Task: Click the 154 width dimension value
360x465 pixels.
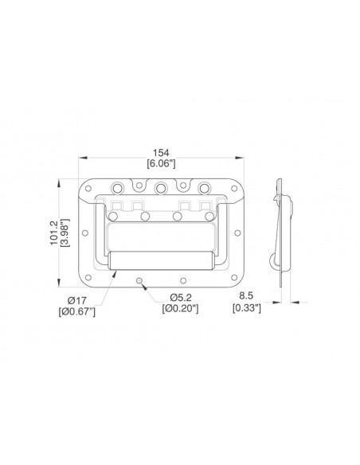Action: tap(161, 153)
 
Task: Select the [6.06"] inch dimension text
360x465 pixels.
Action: tap(162, 163)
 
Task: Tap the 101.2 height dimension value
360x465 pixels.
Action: tap(54, 232)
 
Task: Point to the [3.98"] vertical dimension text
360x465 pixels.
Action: tap(65, 232)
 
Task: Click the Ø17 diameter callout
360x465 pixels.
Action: tap(77, 301)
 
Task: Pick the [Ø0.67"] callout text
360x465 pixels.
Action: tap(77, 311)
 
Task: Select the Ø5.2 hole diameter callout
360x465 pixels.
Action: tap(181, 297)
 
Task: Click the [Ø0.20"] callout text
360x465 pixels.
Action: tap(180, 308)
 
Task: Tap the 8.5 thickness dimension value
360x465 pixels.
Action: tap(246, 295)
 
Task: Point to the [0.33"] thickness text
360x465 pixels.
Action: tap(247, 308)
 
